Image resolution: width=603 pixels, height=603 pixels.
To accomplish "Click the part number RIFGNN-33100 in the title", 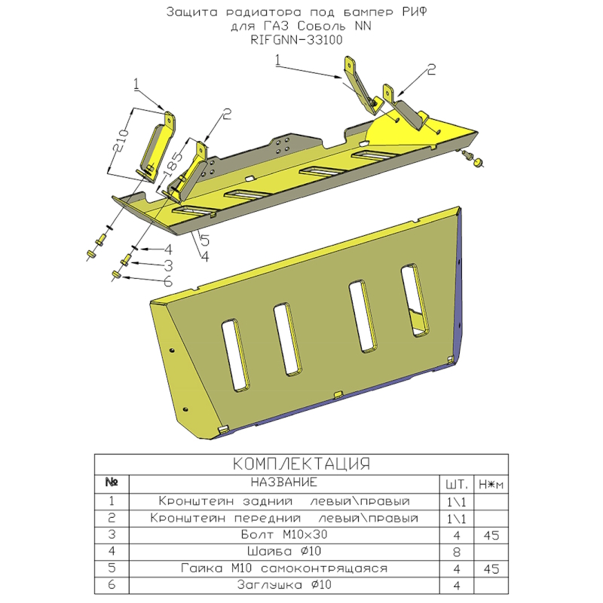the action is pos(296,40).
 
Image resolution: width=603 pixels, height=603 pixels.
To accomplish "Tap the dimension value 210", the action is pos(123,141).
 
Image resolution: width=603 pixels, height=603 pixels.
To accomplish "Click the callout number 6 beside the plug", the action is pos(168,282).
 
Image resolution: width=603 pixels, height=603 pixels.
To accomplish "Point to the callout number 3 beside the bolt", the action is pos(168,266).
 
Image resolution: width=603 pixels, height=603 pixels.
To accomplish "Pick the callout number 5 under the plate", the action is pos(205,240).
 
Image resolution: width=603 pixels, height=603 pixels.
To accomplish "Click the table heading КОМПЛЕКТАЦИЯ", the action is pos(301,464).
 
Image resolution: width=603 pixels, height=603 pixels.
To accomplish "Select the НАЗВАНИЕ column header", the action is pos(284,482).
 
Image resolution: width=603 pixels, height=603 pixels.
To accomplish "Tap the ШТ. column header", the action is pos(457,485).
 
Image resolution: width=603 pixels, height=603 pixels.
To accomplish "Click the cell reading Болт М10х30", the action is pos(284,534).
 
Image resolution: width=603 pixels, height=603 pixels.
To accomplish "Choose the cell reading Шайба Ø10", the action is pos(284,552).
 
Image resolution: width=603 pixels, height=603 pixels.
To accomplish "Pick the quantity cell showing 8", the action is pos(457,552).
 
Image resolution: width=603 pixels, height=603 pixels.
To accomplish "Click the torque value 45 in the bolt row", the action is pos(491,535).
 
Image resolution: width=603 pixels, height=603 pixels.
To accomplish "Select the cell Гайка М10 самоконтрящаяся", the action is pos(284,568).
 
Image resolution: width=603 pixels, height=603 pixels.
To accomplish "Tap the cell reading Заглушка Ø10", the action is pos(284,585).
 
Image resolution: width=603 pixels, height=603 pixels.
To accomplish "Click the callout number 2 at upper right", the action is pos(431,69).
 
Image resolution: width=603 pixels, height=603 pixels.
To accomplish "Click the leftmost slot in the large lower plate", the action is pos(235,355).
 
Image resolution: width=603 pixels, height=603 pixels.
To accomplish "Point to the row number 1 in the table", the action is pos(112,501).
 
